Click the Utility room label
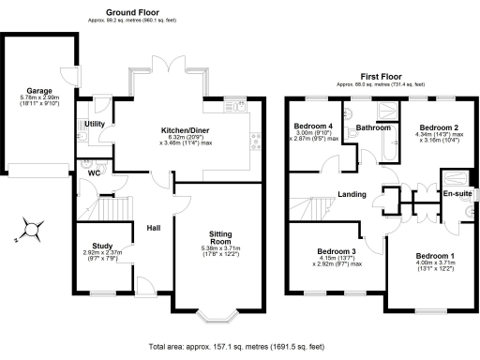[95, 124]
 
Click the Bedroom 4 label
[313, 127]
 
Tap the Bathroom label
[372, 127]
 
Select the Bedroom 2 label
[438, 127]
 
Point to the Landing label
[352, 195]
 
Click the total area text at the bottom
[240, 346]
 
